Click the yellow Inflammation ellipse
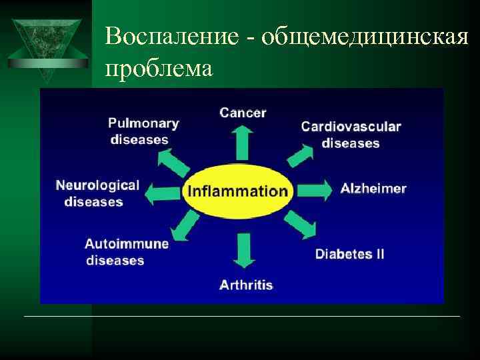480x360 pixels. [237, 191]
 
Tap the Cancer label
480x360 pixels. [243, 113]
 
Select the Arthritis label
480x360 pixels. [246, 285]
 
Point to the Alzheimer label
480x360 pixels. [373, 188]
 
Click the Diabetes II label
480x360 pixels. [349, 254]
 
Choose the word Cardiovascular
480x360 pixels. [351, 126]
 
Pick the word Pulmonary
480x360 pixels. [143, 123]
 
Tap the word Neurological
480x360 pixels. [97, 185]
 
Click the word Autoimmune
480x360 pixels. [127, 243]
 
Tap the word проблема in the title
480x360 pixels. [159, 67]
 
